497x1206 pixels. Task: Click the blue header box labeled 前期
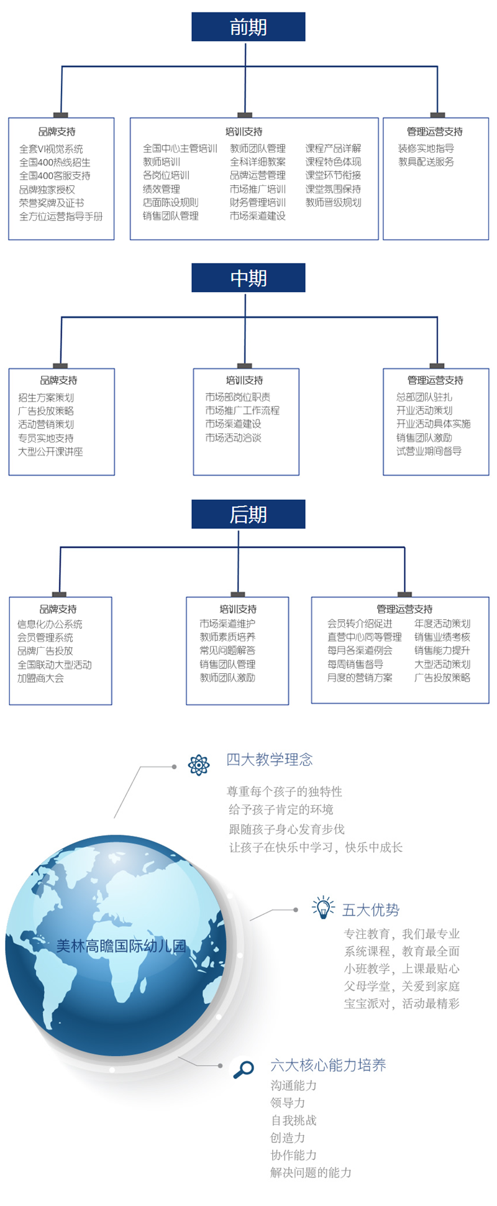[x=248, y=27]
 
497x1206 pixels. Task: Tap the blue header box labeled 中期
[x=248, y=278]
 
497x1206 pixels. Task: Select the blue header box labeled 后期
[x=248, y=515]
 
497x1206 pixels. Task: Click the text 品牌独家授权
[x=47, y=190]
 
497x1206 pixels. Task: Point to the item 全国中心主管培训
[x=180, y=149]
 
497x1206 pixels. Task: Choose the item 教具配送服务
[x=426, y=162]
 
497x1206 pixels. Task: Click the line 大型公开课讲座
[x=50, y=452]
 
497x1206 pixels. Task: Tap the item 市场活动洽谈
[x=234, y=438]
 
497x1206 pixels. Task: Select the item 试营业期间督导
[x=429, y=451]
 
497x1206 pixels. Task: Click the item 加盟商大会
[x=41, y=678]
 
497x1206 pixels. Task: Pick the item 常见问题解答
[x=227, y=651]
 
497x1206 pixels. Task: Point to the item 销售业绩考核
[x=442, y=637]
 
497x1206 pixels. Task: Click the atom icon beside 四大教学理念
[x=199, y=765]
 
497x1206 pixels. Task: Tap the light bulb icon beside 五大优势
[x=323, y=908]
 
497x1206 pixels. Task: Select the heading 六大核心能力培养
[x=328, y=1066]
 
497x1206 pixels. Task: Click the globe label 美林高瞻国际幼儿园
[x=121, y=947]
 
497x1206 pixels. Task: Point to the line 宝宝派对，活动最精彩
[x=402, y=1003]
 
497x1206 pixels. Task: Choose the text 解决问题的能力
[x=311, y=1173]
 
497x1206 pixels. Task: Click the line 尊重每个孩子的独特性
[x=285, y=792]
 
